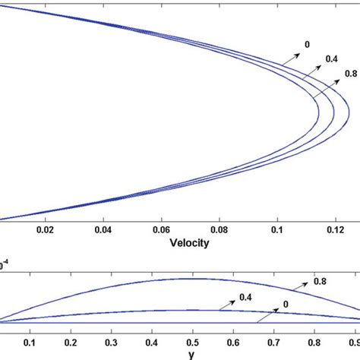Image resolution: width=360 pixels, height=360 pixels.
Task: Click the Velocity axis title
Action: (x=189, y=244)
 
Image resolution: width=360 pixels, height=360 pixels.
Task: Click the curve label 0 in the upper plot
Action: (x=306, y=45)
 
